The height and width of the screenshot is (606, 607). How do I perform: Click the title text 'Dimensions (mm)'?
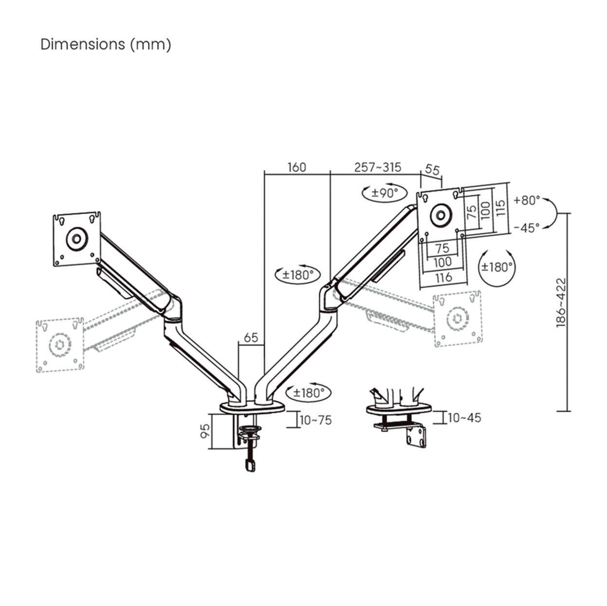pyautogui.click(x=106, y=44)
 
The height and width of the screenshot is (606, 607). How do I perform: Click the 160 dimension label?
pyautogui.click(x=296, y=167)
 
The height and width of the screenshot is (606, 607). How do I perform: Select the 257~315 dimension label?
pyautogui.click(x=378, y=167)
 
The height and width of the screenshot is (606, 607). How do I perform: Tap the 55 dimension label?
pyautogui.click(x=433, y=170)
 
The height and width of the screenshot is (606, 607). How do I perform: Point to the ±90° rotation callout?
pyautogui.click(x=385, y=193)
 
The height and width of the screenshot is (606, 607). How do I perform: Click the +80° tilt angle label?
pyautogui.click(x=526, y=200)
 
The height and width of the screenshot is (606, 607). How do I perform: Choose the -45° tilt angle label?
pyautogui.click(x=526, y=227)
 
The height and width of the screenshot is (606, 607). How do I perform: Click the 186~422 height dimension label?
pyautogui.click(x=561, y=302)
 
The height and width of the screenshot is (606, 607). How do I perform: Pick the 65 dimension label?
pyautogui.click(x=251, y=338)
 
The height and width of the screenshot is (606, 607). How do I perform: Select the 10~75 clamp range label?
pyautogui.click(x=315, y=420)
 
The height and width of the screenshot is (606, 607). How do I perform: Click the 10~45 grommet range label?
pyautogui.click(x=464, y=418)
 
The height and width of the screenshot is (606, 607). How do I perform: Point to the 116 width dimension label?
pyautogui.click(x=442, y=277)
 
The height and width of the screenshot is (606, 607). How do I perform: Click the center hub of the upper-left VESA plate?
pyautogui.click(x=76, y=239)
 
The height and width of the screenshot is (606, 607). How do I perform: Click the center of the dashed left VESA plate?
pyautogui.click(x=59, y=344)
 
